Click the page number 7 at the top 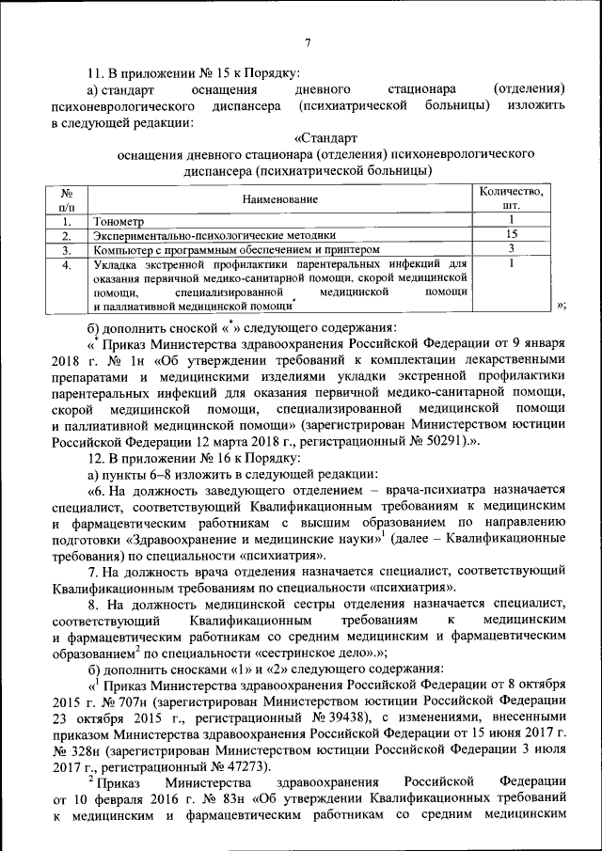coord(308,41)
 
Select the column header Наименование coord(279,198)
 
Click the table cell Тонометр coord(119,222)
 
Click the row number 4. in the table coord(66,265)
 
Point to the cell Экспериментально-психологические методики coord(214,236)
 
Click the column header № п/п coord(66,198)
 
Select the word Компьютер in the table coord(122,250)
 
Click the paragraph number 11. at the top coord(95,71)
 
